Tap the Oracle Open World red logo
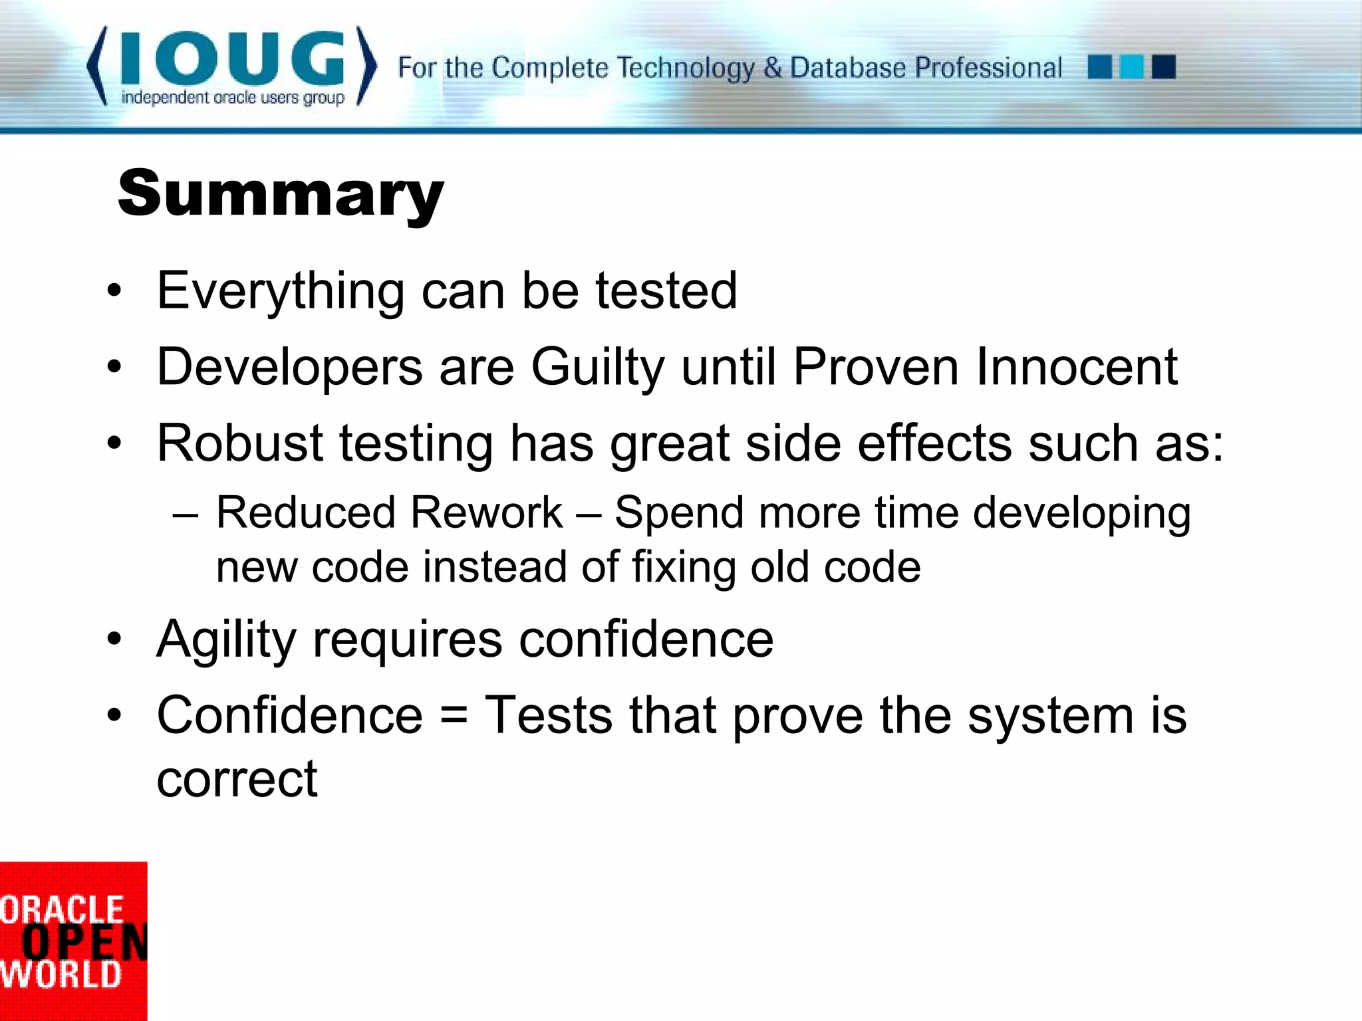(x=72, y=941)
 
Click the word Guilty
(x=597, y=367)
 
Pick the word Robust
(x=239, y=443)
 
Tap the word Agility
(x=226, y=639)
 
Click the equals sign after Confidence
(x=454, y=717)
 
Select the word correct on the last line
(x=237, y=778)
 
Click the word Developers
(x=289, y=367)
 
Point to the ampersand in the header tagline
(x=772, y=68)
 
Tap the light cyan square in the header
(x=1131, y=67)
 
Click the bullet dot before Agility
(x=114, y=639)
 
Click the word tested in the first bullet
(x=666, y=291)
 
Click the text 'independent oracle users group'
(x=233, y=98)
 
